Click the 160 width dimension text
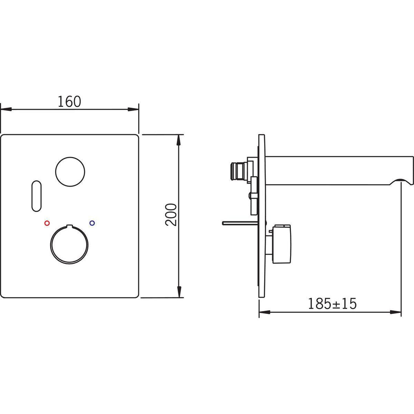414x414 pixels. (69, 102)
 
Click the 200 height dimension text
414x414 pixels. (171, 215)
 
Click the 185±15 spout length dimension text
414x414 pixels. (333, 304)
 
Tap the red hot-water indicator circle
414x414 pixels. (47, 223)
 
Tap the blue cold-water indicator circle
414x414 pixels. (92, 223)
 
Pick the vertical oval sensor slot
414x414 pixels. (37, 196)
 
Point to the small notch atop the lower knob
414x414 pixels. (69, 226)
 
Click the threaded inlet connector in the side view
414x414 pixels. (237, 171)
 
